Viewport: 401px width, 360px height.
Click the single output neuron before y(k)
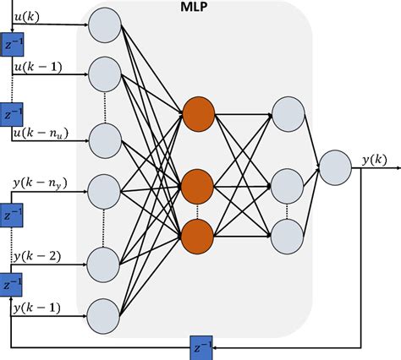pyautogui.click(x=334, y=167)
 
